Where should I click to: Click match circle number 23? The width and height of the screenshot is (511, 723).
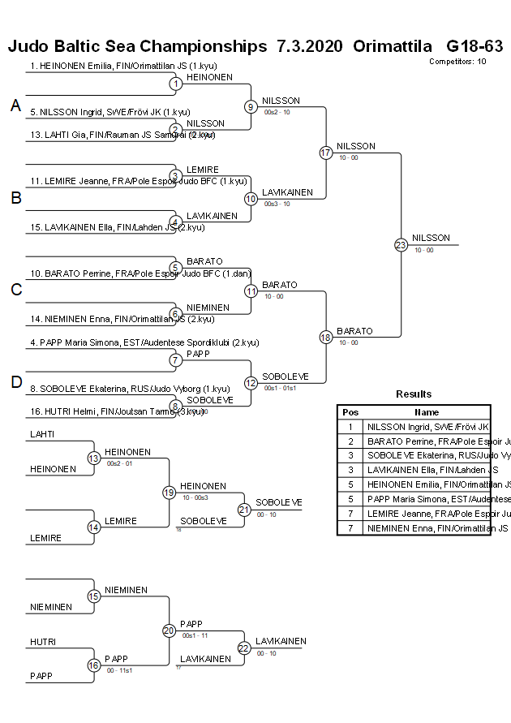[x=400, y=244]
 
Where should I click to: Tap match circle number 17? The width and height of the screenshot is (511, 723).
[x=326, y=153]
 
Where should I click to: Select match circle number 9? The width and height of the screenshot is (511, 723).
[x=251, y=106]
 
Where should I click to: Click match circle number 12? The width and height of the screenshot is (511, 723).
[x=251, y=383]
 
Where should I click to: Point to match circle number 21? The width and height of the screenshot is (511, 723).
[x=244, y=510]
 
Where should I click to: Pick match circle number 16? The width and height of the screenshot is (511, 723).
[x=93, y=665]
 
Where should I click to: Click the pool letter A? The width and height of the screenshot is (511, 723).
[x=15, y=105]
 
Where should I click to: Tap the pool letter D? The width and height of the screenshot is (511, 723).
[x=15, y=382]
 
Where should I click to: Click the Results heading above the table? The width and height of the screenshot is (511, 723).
[x=414, y=394]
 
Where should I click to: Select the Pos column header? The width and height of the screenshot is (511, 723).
[x=350, y=412]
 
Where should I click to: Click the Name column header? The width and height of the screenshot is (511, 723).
[x=427, y=412]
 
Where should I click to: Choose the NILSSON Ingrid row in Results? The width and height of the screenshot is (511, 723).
[x=427, y=426]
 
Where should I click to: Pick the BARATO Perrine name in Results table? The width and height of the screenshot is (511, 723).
[x=427, y=441]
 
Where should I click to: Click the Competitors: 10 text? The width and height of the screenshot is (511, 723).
[x=457, y=62]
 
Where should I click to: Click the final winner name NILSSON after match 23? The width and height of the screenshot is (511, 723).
[x=431, y=238]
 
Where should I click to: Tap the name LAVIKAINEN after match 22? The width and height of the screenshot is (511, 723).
[x=281, y=641]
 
